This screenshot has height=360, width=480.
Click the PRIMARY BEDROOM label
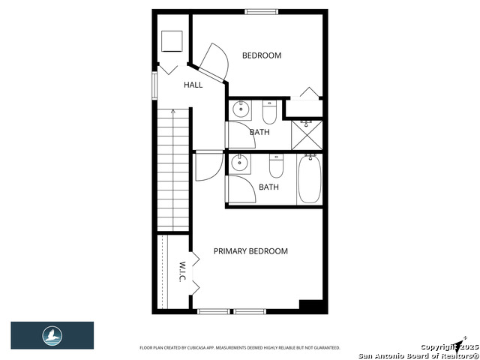pyautogui.click(x=250, y=251)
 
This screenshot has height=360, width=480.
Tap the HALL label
pyautogui.click(x=193, y=85)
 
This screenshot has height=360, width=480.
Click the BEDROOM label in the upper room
pyautogui.click(x=262, y=55)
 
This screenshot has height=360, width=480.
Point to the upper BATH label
pyautogui.click(x=260, y=133)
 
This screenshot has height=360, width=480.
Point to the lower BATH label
pyautogui.click(x=268, y=187)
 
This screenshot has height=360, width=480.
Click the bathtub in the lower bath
pyautogui.click(x=309, y=179)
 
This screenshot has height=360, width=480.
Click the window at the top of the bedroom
pyautogui.click(x=261, y=11)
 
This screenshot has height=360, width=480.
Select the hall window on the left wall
pyautogui.click(x=155, y=85)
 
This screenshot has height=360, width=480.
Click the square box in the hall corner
pyautogui.click(x=172, y=40)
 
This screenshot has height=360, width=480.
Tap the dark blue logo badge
pyautogui.click(x=52, y=335)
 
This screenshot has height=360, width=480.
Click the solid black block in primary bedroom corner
pyautogui.click(x=310, y=306)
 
